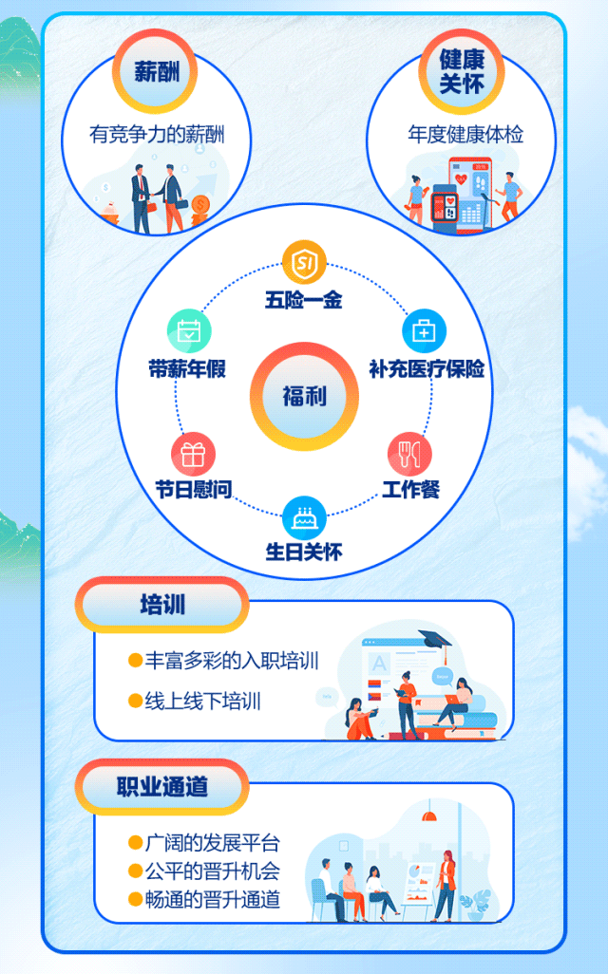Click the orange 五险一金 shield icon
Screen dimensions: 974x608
tap(304, 261)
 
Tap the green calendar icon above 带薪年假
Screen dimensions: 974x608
tap(189, 331)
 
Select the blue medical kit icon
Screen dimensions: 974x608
tap(424, 331)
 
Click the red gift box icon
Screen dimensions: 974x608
tap(193, 454)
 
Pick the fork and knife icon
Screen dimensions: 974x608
tap(409, 454)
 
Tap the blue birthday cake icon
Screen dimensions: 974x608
tap(304, 517)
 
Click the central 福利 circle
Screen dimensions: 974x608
tap(304, 396)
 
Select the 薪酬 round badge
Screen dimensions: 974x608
tap(156, 71)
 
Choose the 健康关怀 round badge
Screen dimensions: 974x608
tap(462, 71)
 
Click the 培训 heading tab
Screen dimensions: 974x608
tap(162, 605)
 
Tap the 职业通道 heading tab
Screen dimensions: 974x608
tap(162, 787)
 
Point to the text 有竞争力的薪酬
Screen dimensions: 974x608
tap(157, 135)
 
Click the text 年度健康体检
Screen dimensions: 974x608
tap(465, 135)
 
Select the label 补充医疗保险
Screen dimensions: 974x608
tap(427, 368)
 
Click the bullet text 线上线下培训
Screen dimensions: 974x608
tap(202, 702)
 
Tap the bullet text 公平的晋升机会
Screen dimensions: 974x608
tap(212, 871)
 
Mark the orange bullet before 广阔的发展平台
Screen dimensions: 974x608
tap(135, 843)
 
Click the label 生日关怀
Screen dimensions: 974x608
tap(304, 552)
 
